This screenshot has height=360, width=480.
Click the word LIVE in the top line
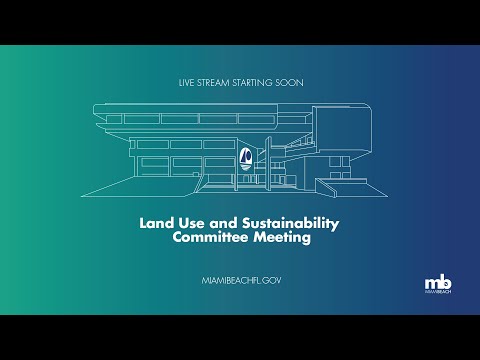click(186, 83)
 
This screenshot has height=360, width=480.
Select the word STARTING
click(252, 83)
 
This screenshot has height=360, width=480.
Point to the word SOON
click(289, 83)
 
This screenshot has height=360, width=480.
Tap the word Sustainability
click(290, 224)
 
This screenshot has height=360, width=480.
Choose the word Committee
click(211, 237)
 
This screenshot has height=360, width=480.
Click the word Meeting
click(282, 238)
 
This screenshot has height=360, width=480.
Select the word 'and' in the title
click(223, 223)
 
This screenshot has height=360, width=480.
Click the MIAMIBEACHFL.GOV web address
click(241, 281)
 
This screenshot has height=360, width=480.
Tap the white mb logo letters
click(438, 283)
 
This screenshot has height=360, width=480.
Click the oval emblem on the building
click(246, 158)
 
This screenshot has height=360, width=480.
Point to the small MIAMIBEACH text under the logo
click(438, 292)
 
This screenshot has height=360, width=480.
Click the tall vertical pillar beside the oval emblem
click(268, 164)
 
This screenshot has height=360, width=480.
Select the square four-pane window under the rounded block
click(339, 167)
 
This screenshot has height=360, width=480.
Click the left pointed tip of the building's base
click(82, 196)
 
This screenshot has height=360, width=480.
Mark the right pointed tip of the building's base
click(387, 196)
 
